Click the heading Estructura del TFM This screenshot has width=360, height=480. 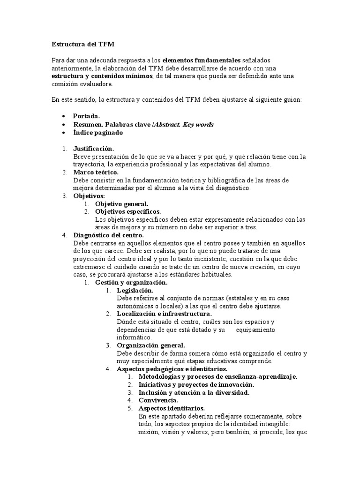(82, 45)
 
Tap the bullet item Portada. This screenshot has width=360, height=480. (86, 116)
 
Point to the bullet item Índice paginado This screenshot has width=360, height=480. (98, 133)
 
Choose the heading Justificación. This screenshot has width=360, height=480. (93, 149)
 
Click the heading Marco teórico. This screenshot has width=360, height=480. (96, 172)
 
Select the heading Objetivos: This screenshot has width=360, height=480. (89, 196)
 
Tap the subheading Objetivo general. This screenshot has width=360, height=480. (122, 204)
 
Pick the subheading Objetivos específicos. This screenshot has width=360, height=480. (127, 212)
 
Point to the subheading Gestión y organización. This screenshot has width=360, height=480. (131, 283)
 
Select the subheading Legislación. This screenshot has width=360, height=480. (135, 291)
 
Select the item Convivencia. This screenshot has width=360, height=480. (158, 400)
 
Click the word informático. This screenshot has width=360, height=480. (135, 337)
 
